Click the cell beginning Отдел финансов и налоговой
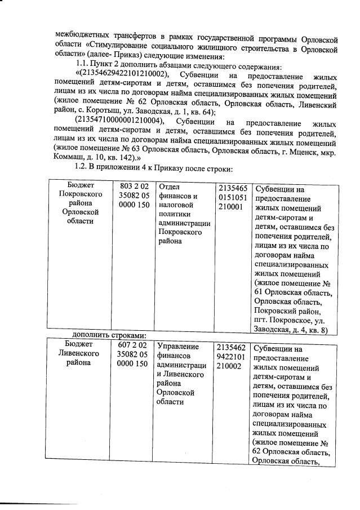point(183,214)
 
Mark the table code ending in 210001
point(233,197)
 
